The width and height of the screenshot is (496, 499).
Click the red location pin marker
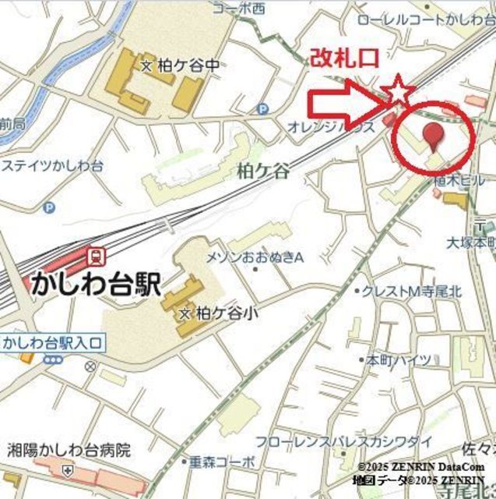pyautogui.click(x=433, y=137)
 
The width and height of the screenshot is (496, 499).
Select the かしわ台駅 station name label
pyautogui.click(x=95, y=283)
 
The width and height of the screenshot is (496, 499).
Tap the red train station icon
pyautogui.click(x=97, y=255)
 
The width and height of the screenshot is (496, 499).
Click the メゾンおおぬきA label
pyautogui.click(x=254, y=257)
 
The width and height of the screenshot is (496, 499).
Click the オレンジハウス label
pyautogui.click(x=321, y=126)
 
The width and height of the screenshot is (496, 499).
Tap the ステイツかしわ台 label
pyautogui.click(x=53, y=165)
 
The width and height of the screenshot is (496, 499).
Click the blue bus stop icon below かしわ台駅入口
pyautogui.click(x=53, y=359)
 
